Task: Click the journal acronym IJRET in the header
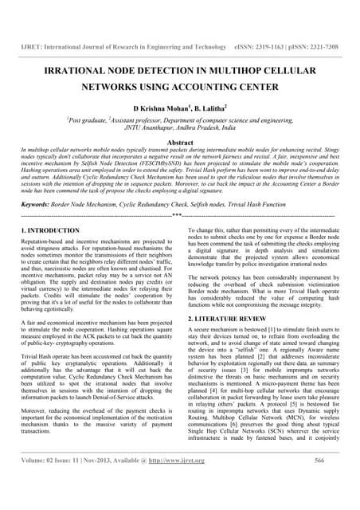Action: (x=31, y=47)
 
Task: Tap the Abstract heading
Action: (x=179, y=141)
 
